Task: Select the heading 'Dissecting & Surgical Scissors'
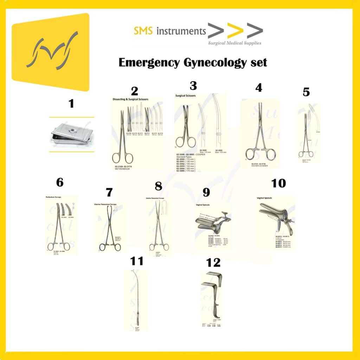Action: pos(130,99)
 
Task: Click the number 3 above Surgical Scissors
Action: pos(193,86)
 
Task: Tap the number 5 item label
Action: pos(306,92)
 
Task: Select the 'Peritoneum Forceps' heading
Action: pos(53,197)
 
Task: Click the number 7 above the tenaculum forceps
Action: pos(109,192)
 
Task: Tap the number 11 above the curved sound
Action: pos(137,261)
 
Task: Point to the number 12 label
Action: pos(214,262)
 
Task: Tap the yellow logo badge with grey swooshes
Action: pos(50,52)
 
